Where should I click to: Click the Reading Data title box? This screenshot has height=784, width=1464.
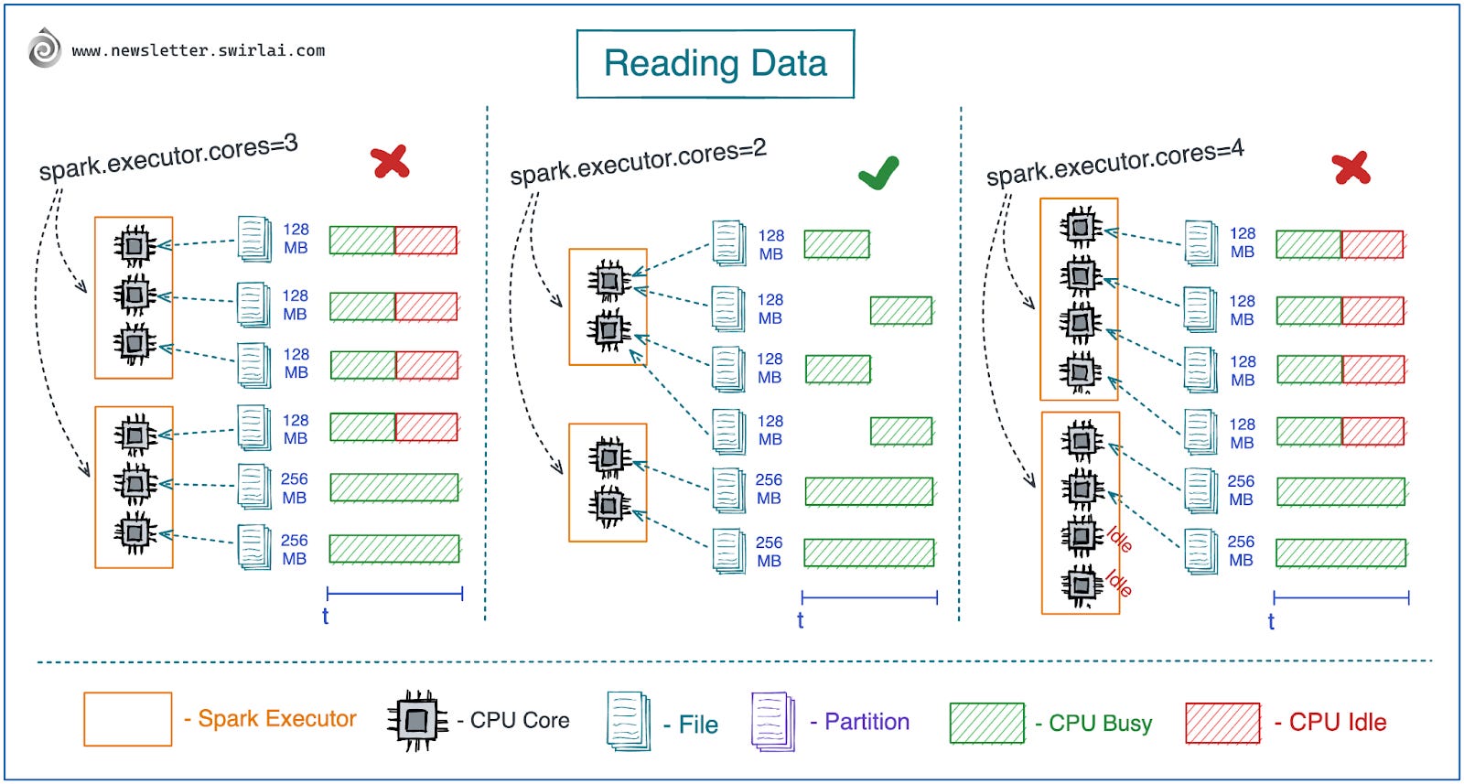(715, 64)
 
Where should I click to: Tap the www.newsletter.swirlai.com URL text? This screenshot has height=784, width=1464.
(198, 50)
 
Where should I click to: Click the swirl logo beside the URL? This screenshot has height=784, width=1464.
(44, 48)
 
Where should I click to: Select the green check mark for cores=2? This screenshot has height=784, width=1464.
(878, 172)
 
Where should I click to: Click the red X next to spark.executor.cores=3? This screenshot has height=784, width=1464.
(390, 162)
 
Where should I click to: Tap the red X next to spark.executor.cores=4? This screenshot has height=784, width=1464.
(1351, 167)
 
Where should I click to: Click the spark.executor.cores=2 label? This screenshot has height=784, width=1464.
(638, 162)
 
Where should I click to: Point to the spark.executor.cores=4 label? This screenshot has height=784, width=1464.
(1114, 162)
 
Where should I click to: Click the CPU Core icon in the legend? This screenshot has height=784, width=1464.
(417, 721)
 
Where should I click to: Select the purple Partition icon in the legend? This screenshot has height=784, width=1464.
(773, 721)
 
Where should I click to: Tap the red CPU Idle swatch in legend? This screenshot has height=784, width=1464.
(1222, 723)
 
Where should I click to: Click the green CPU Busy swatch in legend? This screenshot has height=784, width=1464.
(986, 723)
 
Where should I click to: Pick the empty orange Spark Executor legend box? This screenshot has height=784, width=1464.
(128, 719)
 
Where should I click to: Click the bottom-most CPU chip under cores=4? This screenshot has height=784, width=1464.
(1082, 584)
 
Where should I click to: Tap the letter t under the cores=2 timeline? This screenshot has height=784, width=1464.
(800, 620)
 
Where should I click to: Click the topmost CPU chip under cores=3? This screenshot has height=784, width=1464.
(135, 244)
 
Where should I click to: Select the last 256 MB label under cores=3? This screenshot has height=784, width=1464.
(294, 549)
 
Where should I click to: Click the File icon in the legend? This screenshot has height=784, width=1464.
(629, 721)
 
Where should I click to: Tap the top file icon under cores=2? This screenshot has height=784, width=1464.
(728, 242)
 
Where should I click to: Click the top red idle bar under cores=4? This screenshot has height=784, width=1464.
(1372, 244)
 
